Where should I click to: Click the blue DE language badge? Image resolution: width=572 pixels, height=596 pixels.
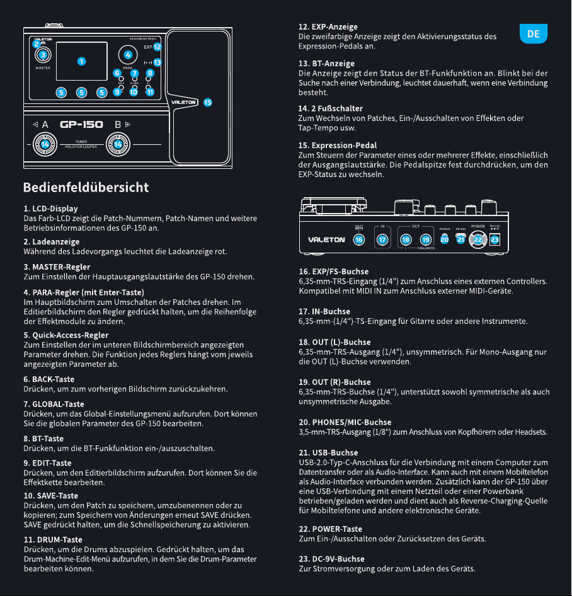coord(533,33)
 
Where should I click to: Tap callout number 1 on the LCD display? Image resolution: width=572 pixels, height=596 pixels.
coord(81,61)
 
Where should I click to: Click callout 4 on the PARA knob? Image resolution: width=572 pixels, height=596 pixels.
coord(128,55)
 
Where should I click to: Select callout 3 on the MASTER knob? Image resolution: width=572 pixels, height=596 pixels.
coord(43,55)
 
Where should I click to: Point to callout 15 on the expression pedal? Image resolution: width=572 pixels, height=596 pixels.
coord(207,102)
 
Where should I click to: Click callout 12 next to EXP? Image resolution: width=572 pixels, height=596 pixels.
coord(157,47)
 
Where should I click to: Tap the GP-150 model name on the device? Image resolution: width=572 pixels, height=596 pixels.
coord(81,124)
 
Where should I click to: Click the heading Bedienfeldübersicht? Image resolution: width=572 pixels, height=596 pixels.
coord(86,187)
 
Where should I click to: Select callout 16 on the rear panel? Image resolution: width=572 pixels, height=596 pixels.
coord(359,239)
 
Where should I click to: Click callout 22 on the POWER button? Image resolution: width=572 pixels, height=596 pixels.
coord(478,239)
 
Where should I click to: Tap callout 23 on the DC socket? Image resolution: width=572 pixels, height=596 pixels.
coord(495,239)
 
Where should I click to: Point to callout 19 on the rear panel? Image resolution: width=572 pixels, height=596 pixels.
coord(426,239)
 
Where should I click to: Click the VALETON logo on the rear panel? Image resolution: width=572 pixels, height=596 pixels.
coord(326,240)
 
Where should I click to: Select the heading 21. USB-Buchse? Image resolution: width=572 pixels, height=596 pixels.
coord(328,453)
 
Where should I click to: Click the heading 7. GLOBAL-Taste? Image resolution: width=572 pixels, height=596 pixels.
coord(54,404)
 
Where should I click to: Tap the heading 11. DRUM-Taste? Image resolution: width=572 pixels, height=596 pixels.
coord(53,540)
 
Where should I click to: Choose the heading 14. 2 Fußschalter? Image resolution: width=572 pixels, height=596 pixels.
coord(330,109)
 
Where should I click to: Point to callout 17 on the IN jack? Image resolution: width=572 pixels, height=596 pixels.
coord(382,239)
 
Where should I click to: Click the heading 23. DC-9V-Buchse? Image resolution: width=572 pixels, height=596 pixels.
coord(331,559)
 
